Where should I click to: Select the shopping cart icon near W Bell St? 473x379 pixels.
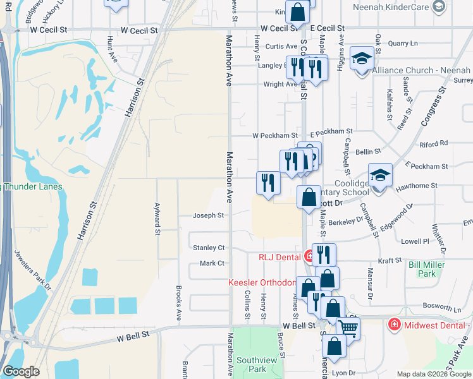[348, 327]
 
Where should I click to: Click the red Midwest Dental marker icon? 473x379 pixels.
[394, 324]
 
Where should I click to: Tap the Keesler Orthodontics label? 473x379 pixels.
[262, 282]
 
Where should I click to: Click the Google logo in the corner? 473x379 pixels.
[21, 371]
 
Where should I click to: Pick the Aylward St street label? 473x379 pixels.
[156, 218]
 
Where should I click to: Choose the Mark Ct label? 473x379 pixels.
[212, 263]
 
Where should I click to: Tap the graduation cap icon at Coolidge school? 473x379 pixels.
[380, 175]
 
